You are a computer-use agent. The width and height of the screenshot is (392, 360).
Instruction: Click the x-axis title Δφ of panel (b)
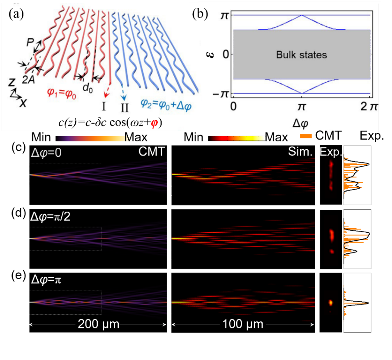pyautogui.click(x=301, y=122)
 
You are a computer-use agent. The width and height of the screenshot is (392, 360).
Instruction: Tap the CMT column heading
pyautogui.click(x=152, y=152)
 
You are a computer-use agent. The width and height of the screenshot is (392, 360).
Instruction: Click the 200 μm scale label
pyautogui.click(x=99, y=325)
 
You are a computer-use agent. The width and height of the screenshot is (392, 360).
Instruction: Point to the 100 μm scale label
pyautogui.click(x=242, y=325)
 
